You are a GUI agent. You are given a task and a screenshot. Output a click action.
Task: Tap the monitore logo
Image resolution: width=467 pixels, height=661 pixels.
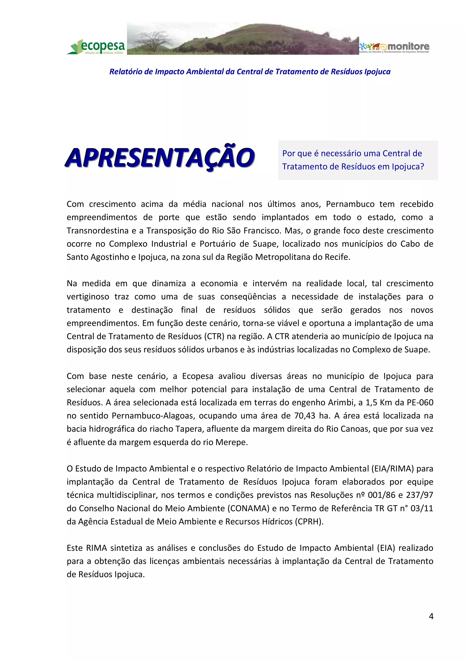(x=394, y=47)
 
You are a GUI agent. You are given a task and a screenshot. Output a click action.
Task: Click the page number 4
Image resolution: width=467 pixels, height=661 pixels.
(x=431, y=616)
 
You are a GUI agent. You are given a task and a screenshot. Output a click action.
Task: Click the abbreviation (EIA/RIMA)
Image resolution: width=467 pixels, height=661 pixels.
(x=392, y=469)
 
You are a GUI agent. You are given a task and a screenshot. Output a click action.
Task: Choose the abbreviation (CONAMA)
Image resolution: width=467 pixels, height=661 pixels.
(x=248, y=508)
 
